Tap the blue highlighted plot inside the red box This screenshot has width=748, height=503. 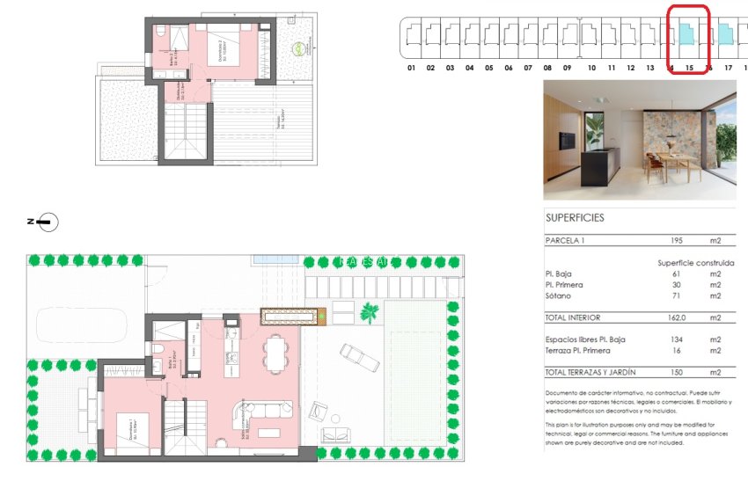[686, 35]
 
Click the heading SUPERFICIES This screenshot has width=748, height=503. [575, 217]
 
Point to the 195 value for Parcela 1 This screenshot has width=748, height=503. [676, 240]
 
